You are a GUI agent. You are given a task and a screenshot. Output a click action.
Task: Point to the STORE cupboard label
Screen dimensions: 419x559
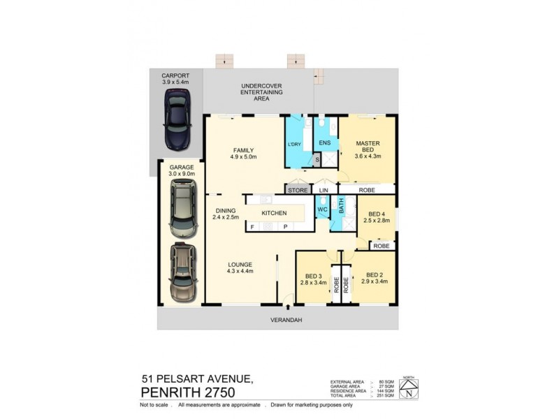297,189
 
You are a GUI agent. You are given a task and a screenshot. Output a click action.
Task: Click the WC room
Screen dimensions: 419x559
321,209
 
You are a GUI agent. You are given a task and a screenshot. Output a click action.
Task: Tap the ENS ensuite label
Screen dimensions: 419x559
324,144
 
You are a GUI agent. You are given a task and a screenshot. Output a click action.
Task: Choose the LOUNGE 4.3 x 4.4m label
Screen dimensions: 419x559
239,267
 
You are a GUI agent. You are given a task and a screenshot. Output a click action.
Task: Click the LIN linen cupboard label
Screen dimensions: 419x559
324,189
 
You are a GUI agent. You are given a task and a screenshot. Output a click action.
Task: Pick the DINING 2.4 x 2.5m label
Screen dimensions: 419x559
225,214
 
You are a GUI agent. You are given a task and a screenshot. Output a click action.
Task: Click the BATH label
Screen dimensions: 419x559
342,207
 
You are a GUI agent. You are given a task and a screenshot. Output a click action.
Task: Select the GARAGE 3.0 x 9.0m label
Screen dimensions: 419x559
182,170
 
